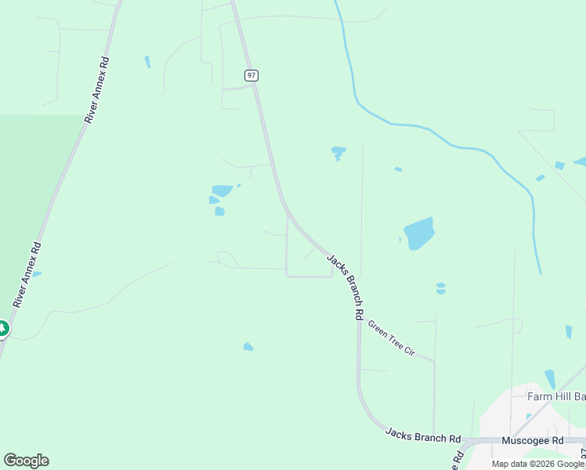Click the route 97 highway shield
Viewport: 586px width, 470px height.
(x=251, y=75)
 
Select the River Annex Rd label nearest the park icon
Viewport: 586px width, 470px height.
(x=26, y=275)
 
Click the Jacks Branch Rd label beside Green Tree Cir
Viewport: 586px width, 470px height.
(x=345, y=286)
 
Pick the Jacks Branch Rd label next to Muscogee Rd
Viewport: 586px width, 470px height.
(x=422, y=436)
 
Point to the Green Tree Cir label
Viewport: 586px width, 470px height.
(x=391, y=339)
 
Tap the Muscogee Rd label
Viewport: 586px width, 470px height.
(x=532, y=440)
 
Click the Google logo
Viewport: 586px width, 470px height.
(x=26, y=461)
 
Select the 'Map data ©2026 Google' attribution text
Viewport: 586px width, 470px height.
(x=538, y=464)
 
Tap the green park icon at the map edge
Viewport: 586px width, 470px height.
(x=2, y=328)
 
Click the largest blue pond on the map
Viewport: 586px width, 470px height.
(x=418, y=233)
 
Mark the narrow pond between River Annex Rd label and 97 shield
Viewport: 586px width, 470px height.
(x=147, y=61)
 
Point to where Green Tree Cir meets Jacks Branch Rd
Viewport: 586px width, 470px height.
(x=358, y=320)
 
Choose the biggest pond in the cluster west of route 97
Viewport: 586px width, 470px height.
(x=222, y=190)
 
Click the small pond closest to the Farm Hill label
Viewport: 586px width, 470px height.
(x=549, y=378)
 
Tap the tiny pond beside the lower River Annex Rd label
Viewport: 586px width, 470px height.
(x=36, y=274)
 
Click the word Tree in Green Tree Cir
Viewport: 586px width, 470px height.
(x=391, y=339)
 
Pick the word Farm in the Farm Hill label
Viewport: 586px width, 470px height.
(x=540, y=396)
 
